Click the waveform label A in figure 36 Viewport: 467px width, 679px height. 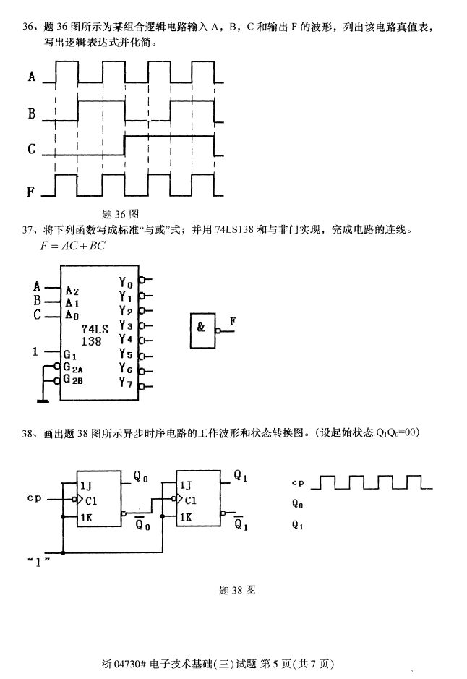click(32, 76)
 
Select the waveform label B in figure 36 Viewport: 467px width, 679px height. click(32, 114)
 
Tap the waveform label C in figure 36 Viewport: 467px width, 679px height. click(32, 150)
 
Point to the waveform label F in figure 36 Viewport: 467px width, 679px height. click(32, 192)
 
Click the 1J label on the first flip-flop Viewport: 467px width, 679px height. click(86, 485)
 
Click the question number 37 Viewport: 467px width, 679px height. click(29, 231)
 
